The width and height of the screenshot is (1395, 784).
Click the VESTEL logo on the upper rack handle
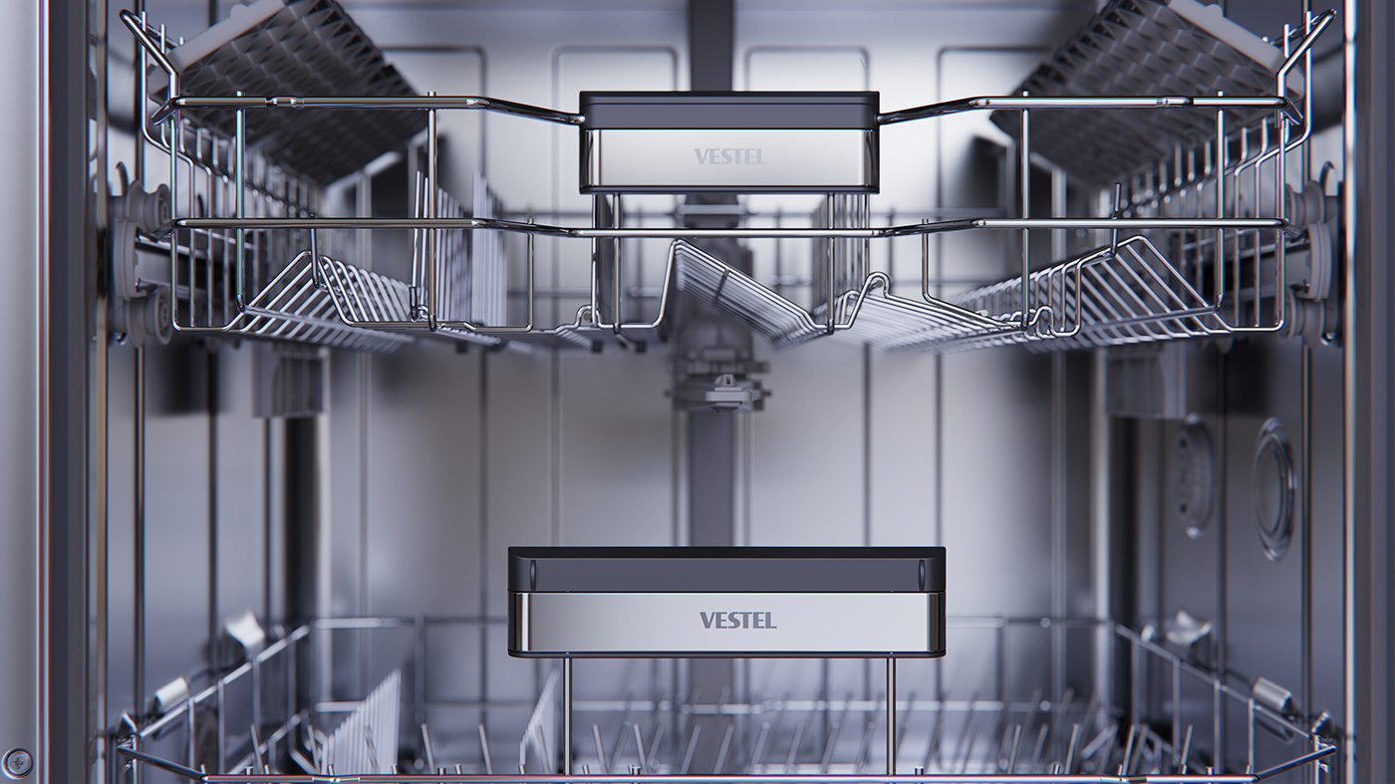tap(730, 156)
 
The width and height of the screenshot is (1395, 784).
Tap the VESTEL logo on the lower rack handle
tap(737, 621)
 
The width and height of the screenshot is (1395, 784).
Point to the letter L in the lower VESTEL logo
tap(770, 621)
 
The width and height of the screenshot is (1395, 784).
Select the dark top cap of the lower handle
tap(726, 568)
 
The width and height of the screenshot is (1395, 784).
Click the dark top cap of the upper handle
tap(728, 110)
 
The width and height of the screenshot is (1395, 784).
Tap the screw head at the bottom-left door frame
tap(17, 762)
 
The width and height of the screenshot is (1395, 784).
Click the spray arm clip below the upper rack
tap(719, 384)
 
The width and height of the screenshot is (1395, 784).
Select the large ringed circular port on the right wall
tap(1273, 488)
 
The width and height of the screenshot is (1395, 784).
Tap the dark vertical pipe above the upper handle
tap(711, 45)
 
